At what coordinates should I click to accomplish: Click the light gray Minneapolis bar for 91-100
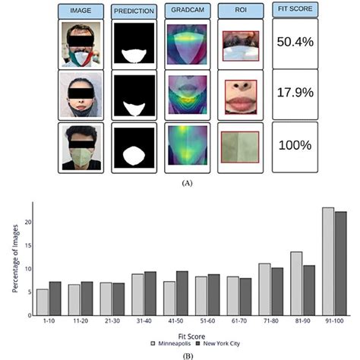[328, 260]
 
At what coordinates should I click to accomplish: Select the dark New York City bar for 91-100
[340, 262]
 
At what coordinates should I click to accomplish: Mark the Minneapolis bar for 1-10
[43, 301]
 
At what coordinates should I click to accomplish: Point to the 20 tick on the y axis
[26, 222]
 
